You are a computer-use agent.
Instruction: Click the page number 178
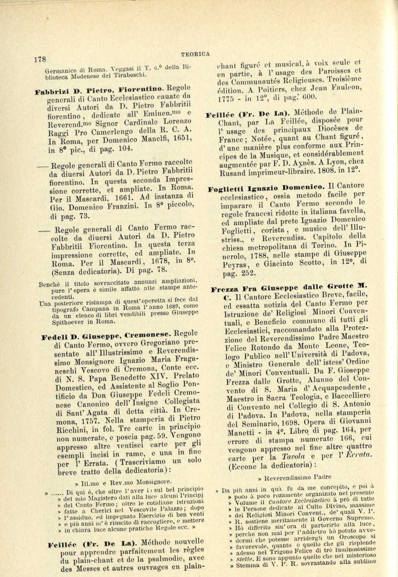(x=40, y=59)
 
